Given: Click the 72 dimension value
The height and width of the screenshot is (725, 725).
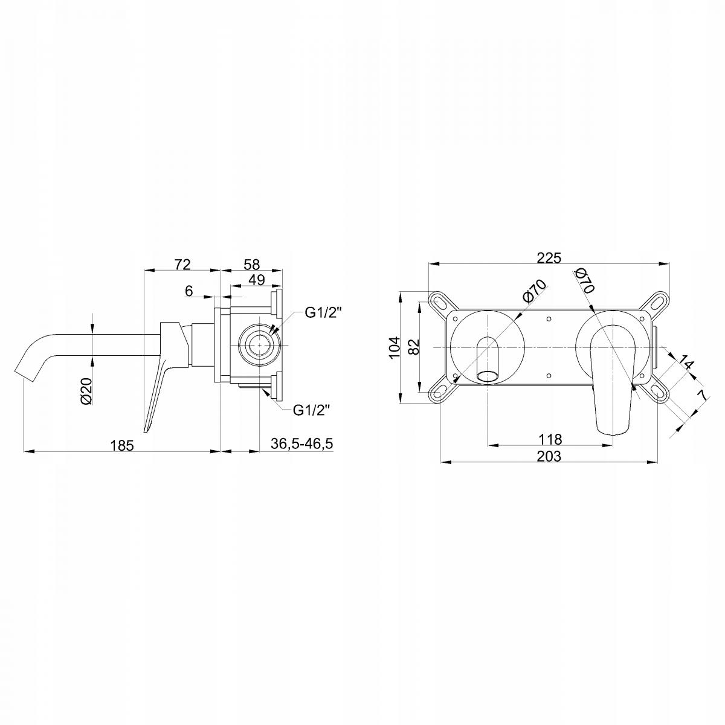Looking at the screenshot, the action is point(182,265).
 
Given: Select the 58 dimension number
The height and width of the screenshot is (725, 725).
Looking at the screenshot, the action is point(251,265).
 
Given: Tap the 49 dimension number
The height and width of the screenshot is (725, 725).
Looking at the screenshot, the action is point(257,280).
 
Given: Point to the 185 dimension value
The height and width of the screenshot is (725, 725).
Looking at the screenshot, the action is point(122,445).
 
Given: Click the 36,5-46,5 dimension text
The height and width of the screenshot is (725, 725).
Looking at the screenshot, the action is point(301,443).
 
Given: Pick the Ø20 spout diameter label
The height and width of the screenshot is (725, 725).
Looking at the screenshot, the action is point(86,391).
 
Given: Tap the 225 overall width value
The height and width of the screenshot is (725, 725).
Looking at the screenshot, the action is point(549,258).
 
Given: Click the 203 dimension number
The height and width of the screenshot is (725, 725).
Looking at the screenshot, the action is point(549,456).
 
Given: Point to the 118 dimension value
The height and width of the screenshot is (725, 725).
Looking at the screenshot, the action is point(550,439).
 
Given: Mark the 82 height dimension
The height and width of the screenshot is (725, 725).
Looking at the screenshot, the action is point(413,347).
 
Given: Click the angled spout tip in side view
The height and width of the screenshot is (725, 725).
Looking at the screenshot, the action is point(24,375).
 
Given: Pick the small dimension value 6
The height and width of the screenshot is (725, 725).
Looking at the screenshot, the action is point(189,291).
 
